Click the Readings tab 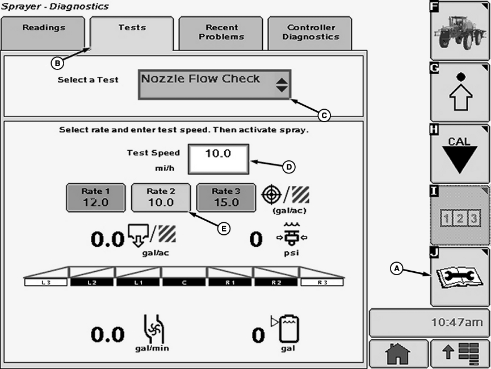[x=44, y=32]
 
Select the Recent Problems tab [x=221, y=32]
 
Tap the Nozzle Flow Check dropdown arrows [x=282, y=85]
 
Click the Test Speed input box [x=219, y=159]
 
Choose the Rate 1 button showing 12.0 [x=95, y=197]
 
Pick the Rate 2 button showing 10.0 [x=161, y=197]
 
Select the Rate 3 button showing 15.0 [x=226, y=197]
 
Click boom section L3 [x=47, y=281]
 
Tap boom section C [x=184, y=281]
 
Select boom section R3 [x=322, y=281]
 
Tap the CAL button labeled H [x=459, y=154]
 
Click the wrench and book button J [x=459, y=277]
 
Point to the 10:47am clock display [x=429, y=322]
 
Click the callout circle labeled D [x=289, y=166]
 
